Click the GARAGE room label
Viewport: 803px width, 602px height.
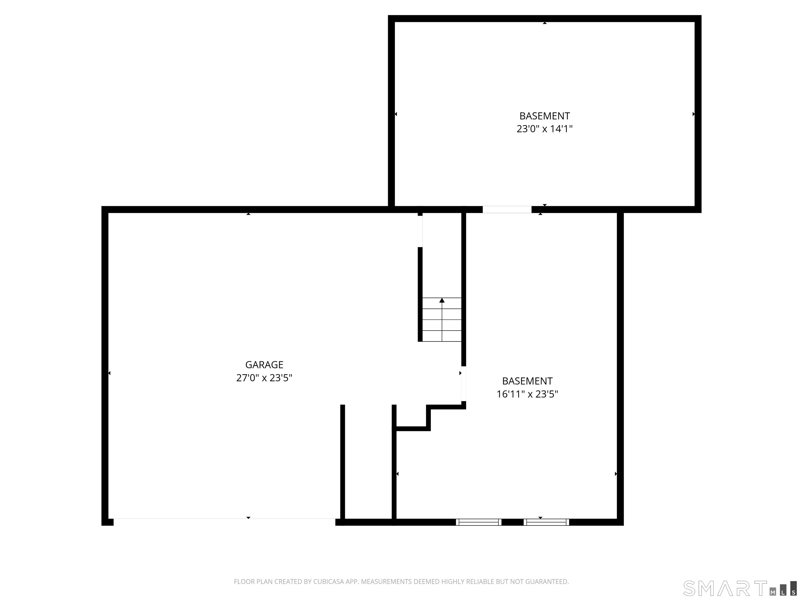[264, 365]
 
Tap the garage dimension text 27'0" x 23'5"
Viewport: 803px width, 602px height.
[264, 378]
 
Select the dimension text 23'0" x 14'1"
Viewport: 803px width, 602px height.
[544, 129]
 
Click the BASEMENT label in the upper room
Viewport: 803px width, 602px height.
[544, 116]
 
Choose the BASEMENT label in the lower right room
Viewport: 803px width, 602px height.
[527, 381]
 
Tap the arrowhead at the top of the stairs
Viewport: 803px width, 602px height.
[442, 300]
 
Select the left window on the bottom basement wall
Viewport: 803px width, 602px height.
[478, 522]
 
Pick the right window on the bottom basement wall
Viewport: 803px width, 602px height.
[546, 522]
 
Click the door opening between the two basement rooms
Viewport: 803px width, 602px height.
[507, 209]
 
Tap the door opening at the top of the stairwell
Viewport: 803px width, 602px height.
[420, 231]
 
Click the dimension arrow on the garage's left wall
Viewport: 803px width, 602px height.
[109, 373]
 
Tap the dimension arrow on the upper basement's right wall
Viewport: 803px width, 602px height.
[693, 114]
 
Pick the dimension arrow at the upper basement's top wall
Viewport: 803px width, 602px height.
[544, 23]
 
